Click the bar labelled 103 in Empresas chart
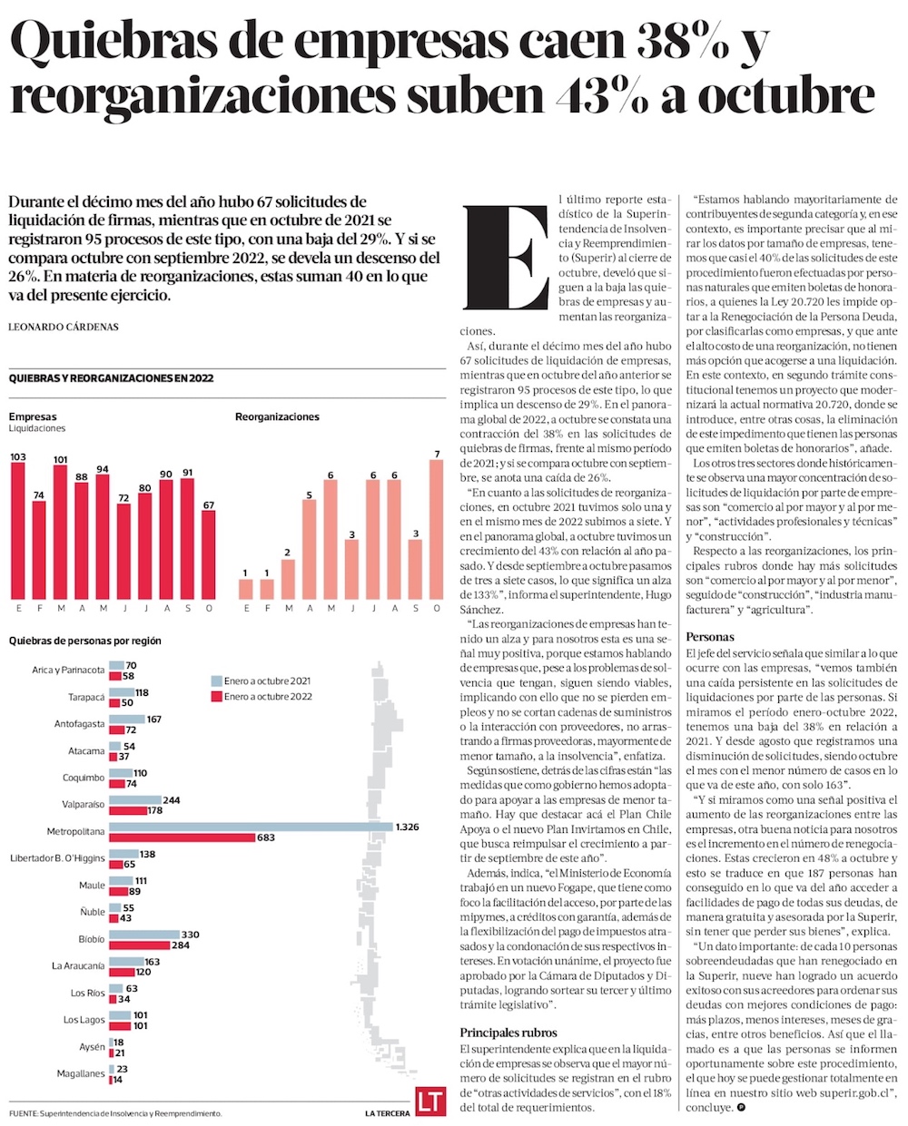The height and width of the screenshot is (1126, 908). point(17,531)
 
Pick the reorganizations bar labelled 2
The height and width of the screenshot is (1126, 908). point(289,579)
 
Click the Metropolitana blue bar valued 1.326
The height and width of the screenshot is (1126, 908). point(251,826)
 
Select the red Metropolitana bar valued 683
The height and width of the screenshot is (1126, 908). point(182,837)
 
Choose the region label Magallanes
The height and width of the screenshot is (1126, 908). point(80,1073)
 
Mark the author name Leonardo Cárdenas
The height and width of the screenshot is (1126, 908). point(63,327)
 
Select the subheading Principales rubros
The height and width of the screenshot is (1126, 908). point(508,1033)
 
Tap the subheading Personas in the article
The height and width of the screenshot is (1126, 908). point(710,637)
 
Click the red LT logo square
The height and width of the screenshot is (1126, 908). point(429,1101)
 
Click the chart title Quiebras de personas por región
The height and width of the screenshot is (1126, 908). point(84,641)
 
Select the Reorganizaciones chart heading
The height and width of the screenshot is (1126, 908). point(277,416)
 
